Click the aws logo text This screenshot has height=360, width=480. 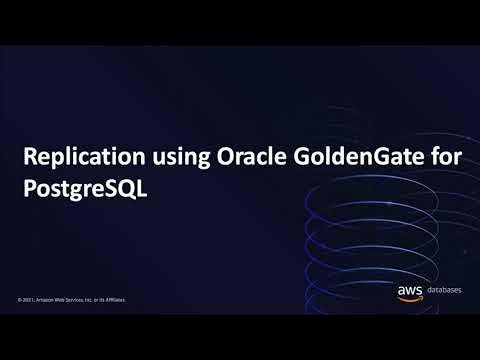pos(410,291)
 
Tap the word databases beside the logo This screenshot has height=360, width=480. pos(444,292)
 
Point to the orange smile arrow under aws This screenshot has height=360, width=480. pos(411,300)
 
